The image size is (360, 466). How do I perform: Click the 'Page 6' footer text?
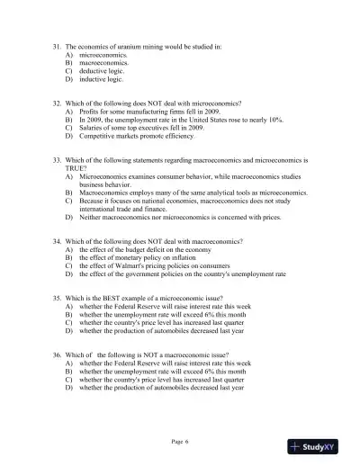pyautogui.click(x=180, y=443)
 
